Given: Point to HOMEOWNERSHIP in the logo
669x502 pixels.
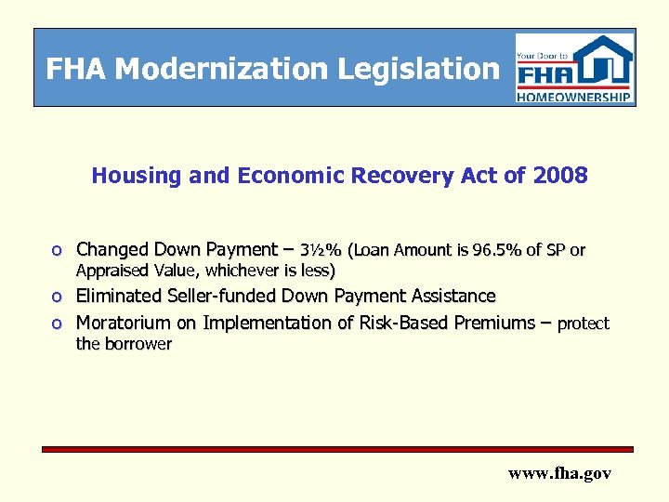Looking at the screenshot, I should (574, 96).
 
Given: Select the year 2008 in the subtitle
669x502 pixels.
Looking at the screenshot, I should (560, 176).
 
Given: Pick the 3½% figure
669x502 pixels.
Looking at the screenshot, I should (321, 250).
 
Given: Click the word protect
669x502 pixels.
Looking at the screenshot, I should (584, 324).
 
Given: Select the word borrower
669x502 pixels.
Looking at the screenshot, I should (138, 344).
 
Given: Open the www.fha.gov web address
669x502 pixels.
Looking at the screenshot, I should (559, 473).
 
